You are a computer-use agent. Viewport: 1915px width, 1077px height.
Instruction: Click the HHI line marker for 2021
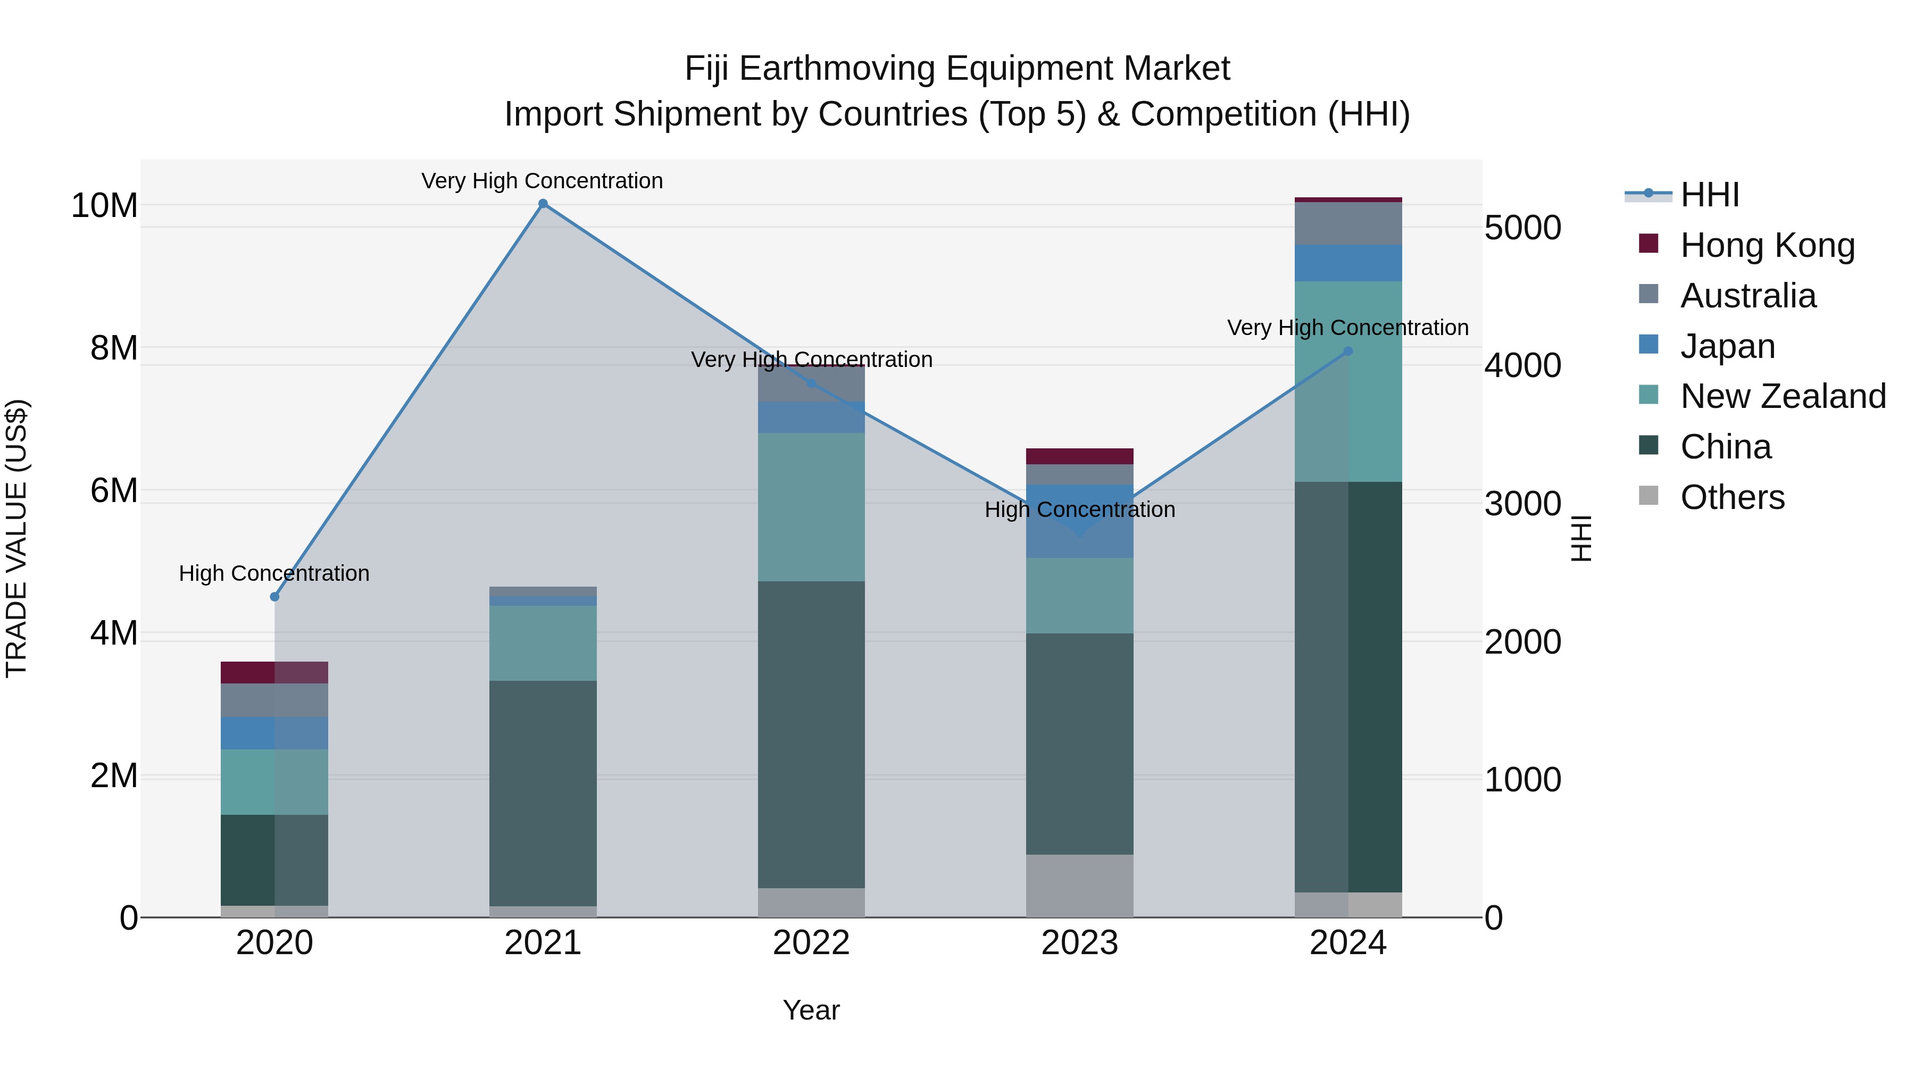click(x=543, y=204)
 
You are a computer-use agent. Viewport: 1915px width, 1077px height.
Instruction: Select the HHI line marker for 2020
click(x=274, y=597)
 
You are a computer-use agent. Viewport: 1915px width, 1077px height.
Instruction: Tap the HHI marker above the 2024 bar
click(x=1348, y=352)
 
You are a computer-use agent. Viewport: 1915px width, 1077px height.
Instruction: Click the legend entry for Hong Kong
click(x=1767, y=245)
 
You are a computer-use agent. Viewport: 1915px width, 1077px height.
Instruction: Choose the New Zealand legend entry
click(x=1783, y=396)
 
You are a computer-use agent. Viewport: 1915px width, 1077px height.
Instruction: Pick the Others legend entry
click(x=1732, y=497)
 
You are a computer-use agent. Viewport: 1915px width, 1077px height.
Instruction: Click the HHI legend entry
click(x=1709, y=195)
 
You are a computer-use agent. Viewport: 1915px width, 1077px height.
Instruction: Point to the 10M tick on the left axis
click(x=104, y=206)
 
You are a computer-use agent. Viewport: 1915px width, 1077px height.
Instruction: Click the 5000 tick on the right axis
click(x=1522, y=228)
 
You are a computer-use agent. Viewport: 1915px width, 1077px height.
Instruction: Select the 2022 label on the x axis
click(x=811, y=943)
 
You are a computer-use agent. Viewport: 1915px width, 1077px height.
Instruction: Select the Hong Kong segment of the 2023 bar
click(x=1079, y=456)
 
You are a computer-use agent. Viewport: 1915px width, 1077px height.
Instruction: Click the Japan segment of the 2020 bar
click(x=274, y=733)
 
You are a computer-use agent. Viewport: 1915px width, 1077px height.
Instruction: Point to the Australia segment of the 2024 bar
click(x=1348, y=223)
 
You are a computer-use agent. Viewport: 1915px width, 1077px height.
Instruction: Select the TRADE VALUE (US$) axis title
click(x=16, y=538)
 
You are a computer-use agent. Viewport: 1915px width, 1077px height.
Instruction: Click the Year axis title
click(x=811, y=1010)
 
